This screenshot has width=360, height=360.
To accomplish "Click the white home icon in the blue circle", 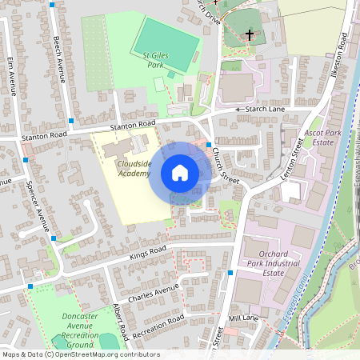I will click(x=180, y=173).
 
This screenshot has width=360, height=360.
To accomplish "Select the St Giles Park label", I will click(x=158, y=59).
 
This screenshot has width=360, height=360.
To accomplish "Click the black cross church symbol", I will click(x=250, y=35).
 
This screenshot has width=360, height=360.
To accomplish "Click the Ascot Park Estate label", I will click(x=318, y=137).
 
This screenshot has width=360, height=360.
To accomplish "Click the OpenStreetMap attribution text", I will click(x=80, y=354).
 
